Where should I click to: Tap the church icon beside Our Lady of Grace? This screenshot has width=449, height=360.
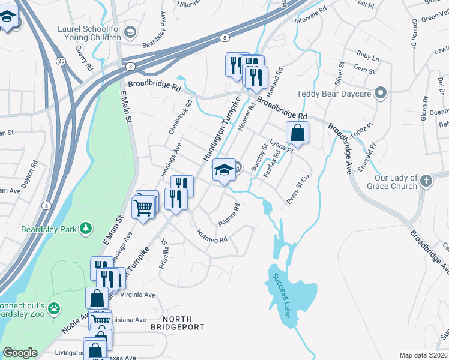[x=425, y=181]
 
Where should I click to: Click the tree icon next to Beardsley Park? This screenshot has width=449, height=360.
[x=86, y=227]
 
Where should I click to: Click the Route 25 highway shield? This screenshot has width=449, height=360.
[x=61, y=61]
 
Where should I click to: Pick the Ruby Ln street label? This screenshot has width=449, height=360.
[x=367, y=58]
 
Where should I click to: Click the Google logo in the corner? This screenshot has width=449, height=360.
[x=20, y=353]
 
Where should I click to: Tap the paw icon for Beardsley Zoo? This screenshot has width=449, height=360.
[x=55, y=308]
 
